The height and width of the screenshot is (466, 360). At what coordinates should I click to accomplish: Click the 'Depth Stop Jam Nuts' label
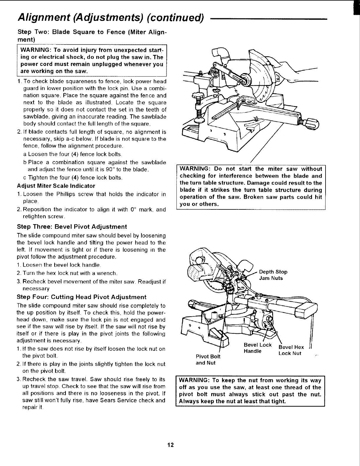(x=273, y=275)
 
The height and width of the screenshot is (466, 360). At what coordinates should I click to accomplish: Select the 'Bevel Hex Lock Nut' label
(x=291, y=350)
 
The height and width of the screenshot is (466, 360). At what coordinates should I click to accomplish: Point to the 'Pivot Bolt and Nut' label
(x=208, y=359)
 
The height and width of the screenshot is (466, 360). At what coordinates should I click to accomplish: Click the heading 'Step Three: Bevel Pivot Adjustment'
(x=72, y=227)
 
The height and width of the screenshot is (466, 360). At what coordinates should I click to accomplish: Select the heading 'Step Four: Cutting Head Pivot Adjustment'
(x=82, y=297)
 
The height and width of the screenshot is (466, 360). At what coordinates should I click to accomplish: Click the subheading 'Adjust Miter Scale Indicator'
(x=56, y=186)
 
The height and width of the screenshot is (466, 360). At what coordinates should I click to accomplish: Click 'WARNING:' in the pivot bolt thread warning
(x=194, y=380)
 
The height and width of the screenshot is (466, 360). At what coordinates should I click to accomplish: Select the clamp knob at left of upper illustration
(x=198, y=95)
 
